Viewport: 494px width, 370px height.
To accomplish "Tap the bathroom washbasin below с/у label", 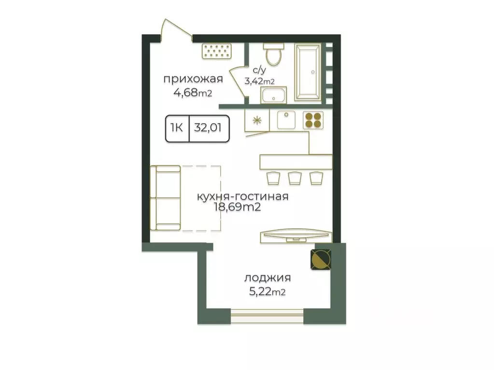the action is click(273, 95).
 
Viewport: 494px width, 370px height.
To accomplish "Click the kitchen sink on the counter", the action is click(286, 120).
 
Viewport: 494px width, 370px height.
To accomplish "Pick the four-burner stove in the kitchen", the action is click(313, 120).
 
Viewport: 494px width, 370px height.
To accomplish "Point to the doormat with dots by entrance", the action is click(217, 51).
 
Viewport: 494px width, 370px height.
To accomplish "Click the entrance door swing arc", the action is click(176, 29).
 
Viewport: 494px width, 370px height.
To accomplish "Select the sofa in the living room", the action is click(166, 198).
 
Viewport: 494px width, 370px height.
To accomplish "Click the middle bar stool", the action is click(295, 178).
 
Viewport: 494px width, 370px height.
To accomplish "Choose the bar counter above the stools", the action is click(296, 162).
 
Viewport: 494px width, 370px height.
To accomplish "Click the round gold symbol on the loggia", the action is click(321, 259).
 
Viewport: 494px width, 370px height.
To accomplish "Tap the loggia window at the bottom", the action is click(267, 316).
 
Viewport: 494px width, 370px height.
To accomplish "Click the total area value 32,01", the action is click(208, 128).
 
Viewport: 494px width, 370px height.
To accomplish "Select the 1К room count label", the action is click(177, 128).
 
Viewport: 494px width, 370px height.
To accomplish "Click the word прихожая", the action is click(193, 79).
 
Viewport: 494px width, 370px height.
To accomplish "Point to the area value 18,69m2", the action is click(237, 207).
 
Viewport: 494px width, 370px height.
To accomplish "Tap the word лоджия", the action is click(268, 278).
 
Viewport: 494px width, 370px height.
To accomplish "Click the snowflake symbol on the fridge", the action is click(257, 120).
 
